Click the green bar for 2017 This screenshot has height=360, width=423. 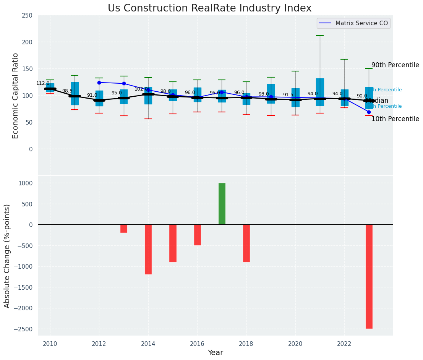pyautogui.click(x=222, y=204)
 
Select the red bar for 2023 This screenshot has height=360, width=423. pyautogui.click(x=369, y=276)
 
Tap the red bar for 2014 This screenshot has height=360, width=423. pyautogui.click(x=148, y=249)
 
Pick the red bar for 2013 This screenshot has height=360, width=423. pyautogui.click(x=124, y=229)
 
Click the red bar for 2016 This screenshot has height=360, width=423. pyautogui.click(x=198, y=235)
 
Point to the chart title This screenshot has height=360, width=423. pyautogui.click(x=209, y=8)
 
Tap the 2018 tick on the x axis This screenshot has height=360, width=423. pyautogui.click(x=246, y=344)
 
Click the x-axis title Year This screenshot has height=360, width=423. pyautogui.click(x=215, y=353)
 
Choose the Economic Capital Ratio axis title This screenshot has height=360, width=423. pyautogui.click(x=16, y=96)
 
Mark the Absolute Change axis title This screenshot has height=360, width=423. pyautogui.click(x=7, y=256)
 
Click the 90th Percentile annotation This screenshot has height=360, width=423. pyautogui.click(x=395, y=65)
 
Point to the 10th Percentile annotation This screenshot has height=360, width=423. pyautogui.click(x=395, y=119)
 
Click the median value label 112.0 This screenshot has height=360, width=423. pyautogui.click(x=43, y=83)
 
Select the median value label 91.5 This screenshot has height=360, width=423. pyautogui.click(x=288, y=95)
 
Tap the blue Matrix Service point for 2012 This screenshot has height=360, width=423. pyautogui.click(x=99, y=83)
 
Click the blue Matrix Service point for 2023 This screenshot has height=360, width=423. pyautogui.click(x=369, y=112)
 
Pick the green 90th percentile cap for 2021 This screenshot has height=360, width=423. pyautogui.click(x=320, y=36)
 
